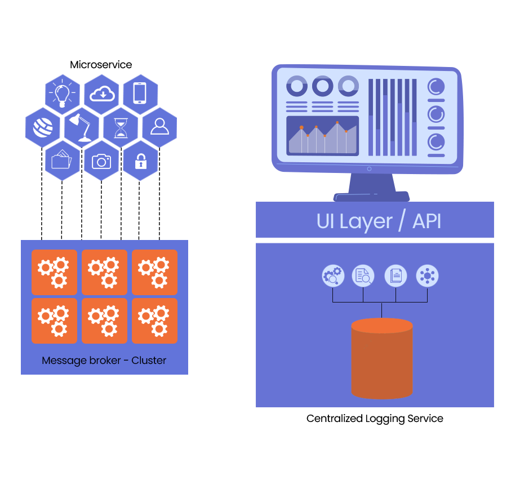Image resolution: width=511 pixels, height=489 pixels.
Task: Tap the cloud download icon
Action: (102, 93)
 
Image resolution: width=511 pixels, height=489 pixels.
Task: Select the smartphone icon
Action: (140, 93)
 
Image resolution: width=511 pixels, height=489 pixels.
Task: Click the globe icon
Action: (43, 128)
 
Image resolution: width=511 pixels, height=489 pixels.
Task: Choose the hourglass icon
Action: (121, 128)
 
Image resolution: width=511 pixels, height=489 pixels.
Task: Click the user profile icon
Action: (159, 126)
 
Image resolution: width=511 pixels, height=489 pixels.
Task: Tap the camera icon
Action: (101, 161)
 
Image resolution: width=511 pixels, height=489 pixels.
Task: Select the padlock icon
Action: (140, 162)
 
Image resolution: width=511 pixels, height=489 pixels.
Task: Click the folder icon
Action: (61, 160)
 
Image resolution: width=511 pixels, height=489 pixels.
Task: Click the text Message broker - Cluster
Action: (104, 361)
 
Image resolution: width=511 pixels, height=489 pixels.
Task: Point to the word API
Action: (427, 221)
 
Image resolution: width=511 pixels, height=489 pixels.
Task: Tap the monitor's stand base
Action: (371, 196)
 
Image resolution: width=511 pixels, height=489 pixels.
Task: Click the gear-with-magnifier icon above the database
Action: (332, 276)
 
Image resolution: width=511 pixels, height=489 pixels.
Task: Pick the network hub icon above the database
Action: (427, 276)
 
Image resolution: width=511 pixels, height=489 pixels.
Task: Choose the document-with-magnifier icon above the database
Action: (363, 276)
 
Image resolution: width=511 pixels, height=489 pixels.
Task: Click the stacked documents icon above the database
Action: (396, 276)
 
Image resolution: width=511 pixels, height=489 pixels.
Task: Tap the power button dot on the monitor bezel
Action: (369, 168)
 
